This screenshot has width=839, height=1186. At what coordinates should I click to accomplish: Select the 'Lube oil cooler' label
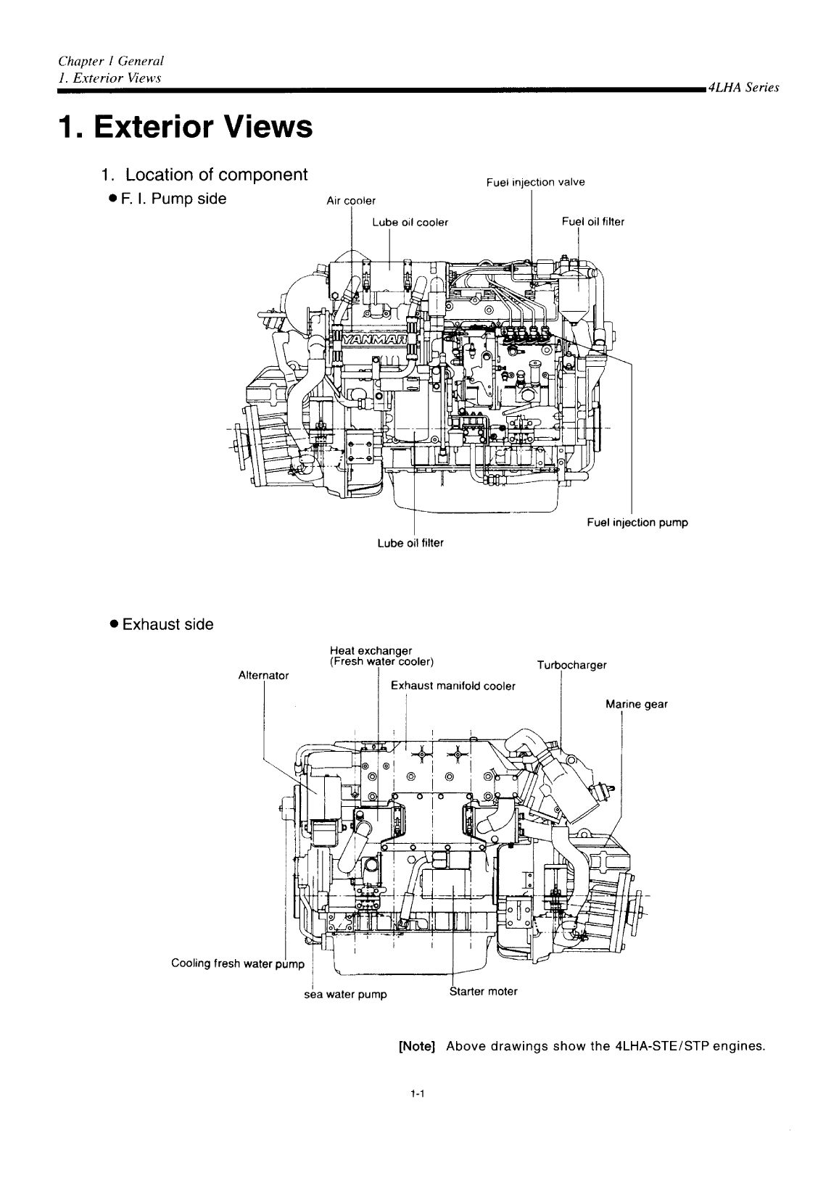410,223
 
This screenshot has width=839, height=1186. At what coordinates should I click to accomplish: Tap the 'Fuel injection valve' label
535,183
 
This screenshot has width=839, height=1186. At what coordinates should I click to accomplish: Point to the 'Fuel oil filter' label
592,222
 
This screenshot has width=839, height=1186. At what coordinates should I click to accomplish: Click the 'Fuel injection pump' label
637,522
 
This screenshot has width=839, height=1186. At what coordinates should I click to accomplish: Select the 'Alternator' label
263,675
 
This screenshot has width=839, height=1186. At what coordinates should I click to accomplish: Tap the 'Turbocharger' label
571,665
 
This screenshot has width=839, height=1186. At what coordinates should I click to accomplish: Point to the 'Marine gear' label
636,704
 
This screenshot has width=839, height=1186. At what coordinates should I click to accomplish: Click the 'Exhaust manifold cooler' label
452,686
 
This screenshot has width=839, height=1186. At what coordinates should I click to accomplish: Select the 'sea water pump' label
344,995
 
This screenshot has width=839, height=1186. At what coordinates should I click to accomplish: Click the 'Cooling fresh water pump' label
235,963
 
